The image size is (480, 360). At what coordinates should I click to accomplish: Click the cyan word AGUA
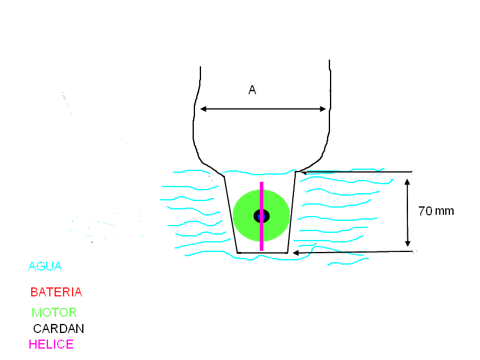(x=45, y=266)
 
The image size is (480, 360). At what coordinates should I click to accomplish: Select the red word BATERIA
(x=56, y=292)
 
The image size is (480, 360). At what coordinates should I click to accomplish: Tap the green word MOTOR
(x=54, y=313)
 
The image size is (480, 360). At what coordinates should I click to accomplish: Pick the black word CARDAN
(x=58, y=329)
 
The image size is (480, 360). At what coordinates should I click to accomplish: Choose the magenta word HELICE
(x=51, y=344)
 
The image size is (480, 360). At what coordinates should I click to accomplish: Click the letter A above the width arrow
(x=252, y=90)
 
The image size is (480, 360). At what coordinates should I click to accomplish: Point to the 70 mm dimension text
(x=436, y=211)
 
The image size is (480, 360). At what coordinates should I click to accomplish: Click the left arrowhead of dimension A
(x=203, y=109)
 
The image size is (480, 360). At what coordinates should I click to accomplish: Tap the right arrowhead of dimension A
(x=323, y=109)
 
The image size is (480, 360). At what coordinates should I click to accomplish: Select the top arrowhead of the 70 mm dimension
(x=407, y=182)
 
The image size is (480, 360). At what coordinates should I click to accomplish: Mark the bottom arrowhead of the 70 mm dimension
(x=407, y=244)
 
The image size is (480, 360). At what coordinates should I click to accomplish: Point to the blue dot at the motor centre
(x=262, y=217)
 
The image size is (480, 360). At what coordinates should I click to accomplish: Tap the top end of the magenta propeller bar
(x=262, y=182)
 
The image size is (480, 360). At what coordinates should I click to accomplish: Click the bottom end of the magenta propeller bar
(x=262, y=250)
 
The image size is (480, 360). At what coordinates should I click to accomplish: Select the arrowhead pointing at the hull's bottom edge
(x=296, y=253)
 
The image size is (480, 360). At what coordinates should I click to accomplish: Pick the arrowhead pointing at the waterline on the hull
(x=304, y=172)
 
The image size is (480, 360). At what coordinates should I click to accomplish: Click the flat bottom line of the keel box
(x=262, y=253)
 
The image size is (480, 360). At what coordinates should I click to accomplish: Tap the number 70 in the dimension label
(x=425, y=211)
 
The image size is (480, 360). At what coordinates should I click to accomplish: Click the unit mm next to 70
(x=445, y=212)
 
